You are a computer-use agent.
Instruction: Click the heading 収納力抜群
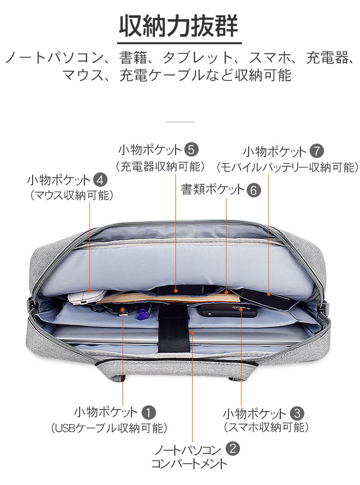(179, 26)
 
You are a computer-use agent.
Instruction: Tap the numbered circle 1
(148, 412)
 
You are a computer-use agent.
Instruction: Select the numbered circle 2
(233, 448)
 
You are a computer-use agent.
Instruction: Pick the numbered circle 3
(297, 413)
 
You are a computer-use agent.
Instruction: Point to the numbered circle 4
(100, 180)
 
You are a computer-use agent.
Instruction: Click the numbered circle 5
(191, 149)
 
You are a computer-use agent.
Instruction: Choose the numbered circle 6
(253, 190)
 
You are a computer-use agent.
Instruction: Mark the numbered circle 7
(317, 151)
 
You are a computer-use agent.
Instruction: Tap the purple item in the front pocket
(143, 314)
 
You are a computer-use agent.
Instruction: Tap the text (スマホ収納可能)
(266, 427)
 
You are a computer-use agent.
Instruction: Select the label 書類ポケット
(213, 189)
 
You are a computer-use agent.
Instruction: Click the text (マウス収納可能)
(72, 195)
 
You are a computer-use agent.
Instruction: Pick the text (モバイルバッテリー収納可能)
(288, 167)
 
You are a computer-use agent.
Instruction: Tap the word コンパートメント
(189, 464)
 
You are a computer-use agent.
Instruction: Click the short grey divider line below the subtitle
(180, 122)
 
